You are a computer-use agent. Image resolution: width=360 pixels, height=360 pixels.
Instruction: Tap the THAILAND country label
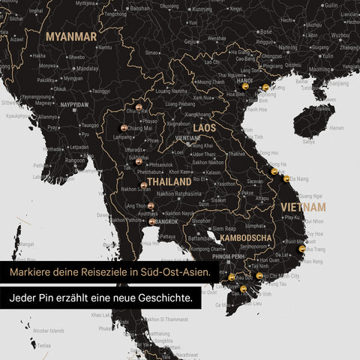[169, 181]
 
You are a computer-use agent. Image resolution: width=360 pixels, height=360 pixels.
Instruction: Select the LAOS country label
[204, 128]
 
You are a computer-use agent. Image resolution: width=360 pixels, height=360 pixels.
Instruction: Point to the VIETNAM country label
[303, 206]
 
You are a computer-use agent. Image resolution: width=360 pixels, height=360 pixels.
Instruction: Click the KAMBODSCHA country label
[247, 238]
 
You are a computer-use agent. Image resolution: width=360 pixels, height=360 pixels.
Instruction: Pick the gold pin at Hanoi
[244, 87]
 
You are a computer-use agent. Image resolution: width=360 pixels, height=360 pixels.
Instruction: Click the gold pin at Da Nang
[286, 178]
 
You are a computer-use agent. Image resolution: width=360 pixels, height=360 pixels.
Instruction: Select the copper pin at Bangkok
[152, 221]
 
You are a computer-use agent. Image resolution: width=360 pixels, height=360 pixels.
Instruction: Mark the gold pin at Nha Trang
[302, 248]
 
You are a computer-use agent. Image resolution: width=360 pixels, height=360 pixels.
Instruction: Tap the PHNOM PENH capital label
[232, 256]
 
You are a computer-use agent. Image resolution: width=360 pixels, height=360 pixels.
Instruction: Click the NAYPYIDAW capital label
[75, 105]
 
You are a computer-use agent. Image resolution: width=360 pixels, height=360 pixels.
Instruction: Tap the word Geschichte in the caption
[160, 297]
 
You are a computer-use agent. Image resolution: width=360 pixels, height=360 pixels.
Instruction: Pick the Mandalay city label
[88, 67]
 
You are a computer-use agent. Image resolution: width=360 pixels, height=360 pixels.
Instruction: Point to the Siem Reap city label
[225, 229]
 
